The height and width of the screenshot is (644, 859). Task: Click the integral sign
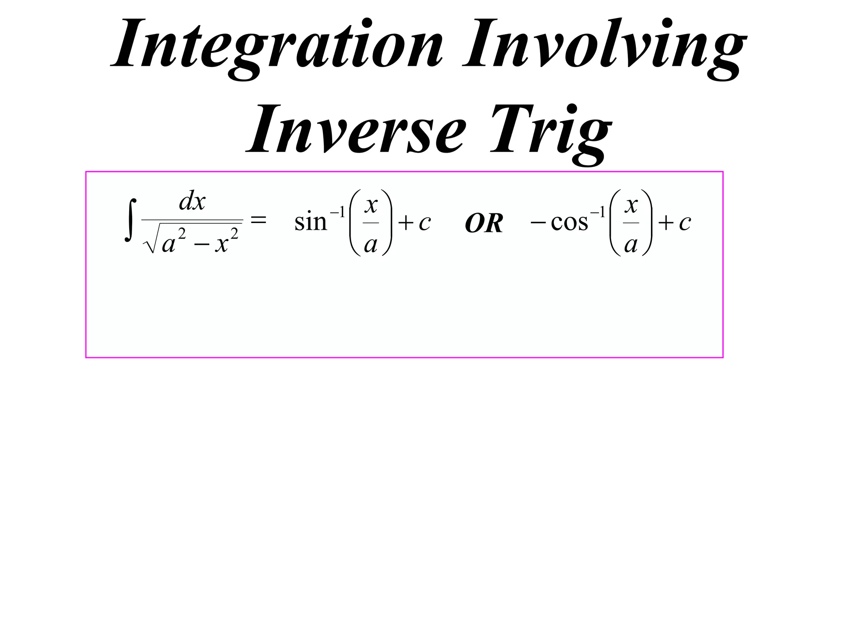tap(130, 221)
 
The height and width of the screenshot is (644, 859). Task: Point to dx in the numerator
tap(192, 202)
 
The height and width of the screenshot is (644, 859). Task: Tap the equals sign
tap(258, 219)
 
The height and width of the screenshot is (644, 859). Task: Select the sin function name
tap(310, 222)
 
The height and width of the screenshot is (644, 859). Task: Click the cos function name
tap(569, 222)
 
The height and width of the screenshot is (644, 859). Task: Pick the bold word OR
tap(484, 223)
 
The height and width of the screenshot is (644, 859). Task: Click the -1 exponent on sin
tap(337, 213)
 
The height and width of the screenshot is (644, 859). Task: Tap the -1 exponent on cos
tap(597, 213)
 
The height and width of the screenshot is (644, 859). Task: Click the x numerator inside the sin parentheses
tap(371, 205)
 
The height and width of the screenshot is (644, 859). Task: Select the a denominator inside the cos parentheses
tap(631, 244)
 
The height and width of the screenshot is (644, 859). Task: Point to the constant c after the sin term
tap(424, 223)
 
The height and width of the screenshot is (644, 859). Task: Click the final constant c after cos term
tap(685, 223)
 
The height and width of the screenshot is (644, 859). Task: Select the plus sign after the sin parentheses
tap(405, 223)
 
